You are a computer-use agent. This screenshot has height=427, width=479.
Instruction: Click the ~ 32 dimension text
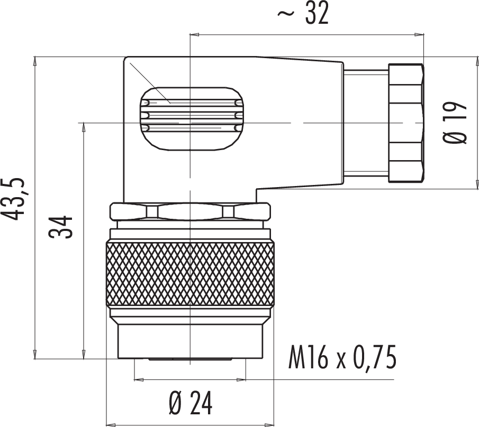tap(303, 13)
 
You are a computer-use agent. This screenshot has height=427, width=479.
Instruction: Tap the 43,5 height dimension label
tap(13, 199)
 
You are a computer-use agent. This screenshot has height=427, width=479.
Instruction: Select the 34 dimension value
tap(60, 227)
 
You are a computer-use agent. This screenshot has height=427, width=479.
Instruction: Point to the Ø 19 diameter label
tap(455, 122)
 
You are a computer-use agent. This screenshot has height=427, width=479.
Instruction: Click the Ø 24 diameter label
tap(191, 403)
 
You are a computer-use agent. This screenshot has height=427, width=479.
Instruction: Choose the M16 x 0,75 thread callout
tap(342, 357)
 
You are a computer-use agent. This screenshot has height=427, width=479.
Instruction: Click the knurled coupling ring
tap(190, 274)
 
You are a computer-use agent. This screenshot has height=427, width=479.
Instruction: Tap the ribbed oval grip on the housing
tap(192, 119)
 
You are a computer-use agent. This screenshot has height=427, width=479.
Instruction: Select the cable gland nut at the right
tap(406, 123)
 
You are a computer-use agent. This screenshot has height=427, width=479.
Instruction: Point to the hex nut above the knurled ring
tap(190, 211)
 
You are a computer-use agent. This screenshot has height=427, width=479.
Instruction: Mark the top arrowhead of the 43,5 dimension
tap(35, 61)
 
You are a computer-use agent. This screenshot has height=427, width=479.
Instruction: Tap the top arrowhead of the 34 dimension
tap(83, 127)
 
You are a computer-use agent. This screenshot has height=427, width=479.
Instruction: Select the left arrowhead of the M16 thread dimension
tap(139, 380)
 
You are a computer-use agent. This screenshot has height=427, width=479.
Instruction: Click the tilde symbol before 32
tap(286, 13)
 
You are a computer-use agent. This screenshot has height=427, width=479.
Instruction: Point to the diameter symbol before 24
tap(176, 403)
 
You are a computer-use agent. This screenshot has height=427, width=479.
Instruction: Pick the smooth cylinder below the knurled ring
tap(190, 341)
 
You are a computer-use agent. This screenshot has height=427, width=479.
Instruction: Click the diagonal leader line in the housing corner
tap(150, 82)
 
